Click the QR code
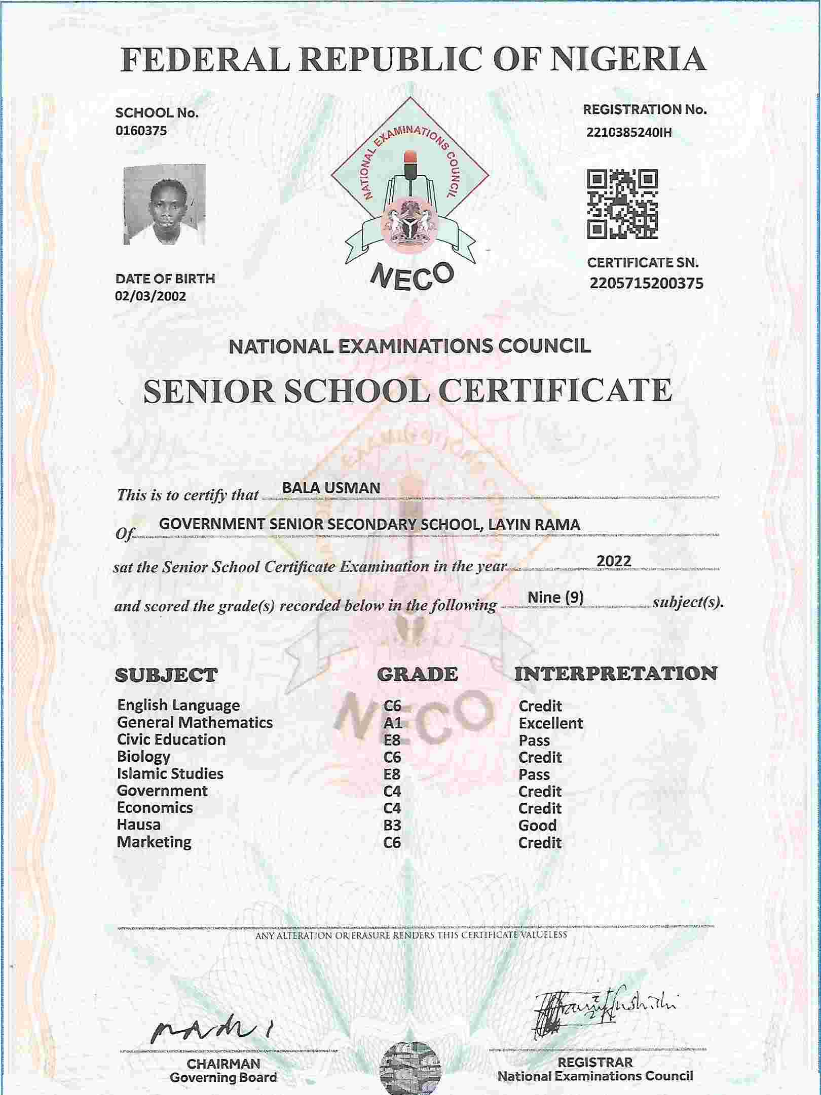point(622,204)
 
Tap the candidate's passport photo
point(165,204)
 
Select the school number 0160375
point(141,131)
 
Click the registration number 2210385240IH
point(629,133)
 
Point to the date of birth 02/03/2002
point(151,296)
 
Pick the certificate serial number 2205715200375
point(646,283)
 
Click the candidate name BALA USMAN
point(331,488)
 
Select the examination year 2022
point(614,561)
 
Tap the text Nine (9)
point(555,597)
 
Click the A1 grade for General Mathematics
point(392,723)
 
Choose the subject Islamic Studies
point(170,774)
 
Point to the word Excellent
point(550,723)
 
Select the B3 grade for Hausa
point(392,826)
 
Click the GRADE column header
point(418,674)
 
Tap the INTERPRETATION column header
point(616,674)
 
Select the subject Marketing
point(154,842)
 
